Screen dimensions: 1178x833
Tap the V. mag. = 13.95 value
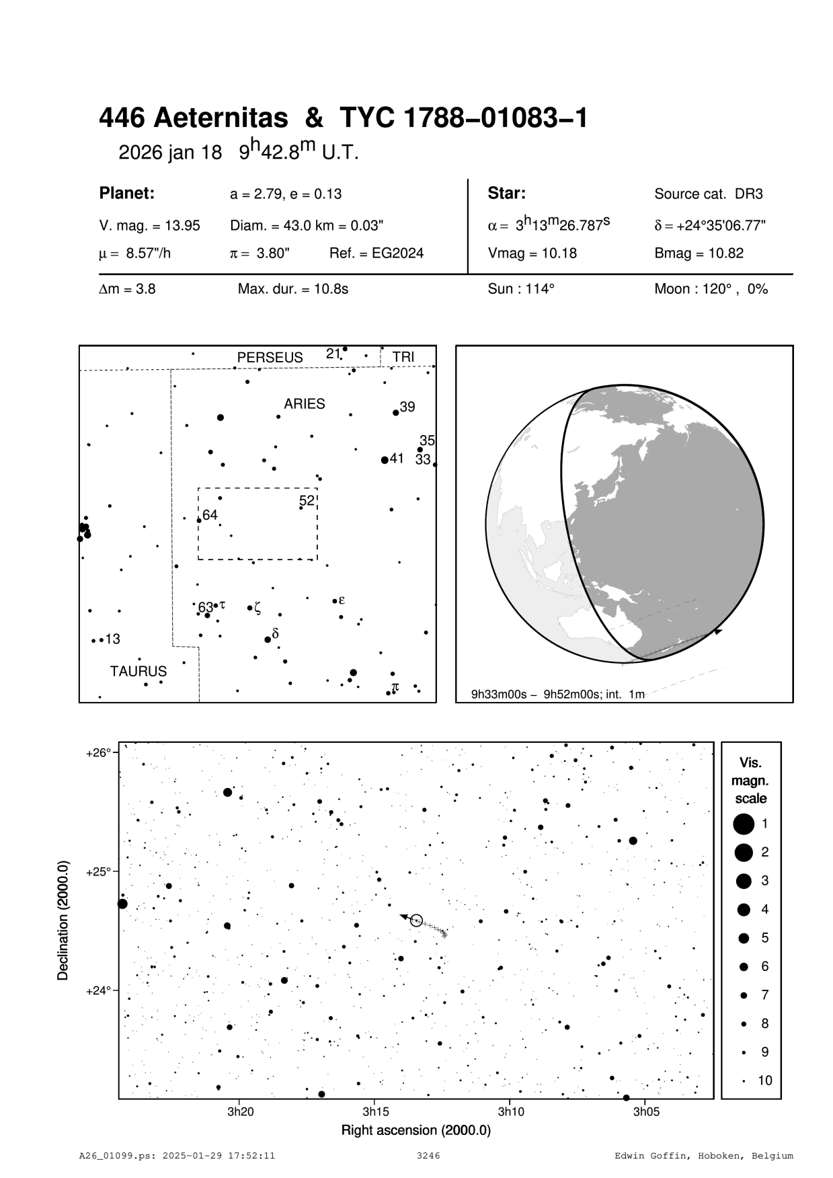pos(149,226)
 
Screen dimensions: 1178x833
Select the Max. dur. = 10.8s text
pos(292,290)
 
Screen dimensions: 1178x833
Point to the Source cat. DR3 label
pos(709,194)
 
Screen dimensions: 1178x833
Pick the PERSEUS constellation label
pos(270,358)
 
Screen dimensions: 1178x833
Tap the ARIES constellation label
pos(304,404)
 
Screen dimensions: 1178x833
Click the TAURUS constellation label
pos(138,671)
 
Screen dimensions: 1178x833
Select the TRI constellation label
pos(403,357)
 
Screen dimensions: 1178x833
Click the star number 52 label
pos(307,501)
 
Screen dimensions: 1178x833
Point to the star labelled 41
pos(385,460)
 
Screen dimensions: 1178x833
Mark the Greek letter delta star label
pos(275,633)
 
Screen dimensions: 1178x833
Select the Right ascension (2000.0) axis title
pos(416,1130)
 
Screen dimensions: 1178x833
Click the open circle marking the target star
pos(416,920)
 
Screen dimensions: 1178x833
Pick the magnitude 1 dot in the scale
pos(744,824)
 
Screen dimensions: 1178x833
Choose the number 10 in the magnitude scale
pos(765,1081)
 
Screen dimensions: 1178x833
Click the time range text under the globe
pos(558,694)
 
